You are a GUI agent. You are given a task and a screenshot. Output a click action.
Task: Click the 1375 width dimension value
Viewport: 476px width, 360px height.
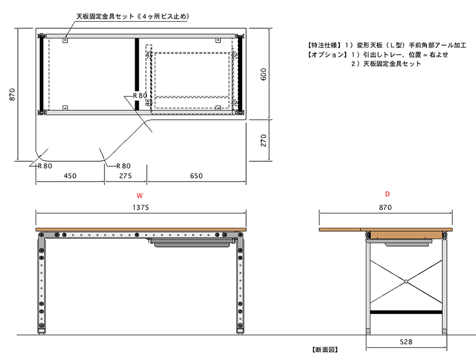tap(140, 207)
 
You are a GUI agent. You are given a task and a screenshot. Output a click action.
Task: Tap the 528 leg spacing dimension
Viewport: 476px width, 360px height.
tap(406, 342)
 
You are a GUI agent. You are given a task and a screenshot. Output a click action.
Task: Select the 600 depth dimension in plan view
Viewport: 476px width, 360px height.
tap(263, 74)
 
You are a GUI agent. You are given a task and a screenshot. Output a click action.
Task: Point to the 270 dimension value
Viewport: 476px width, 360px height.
tap(263, 140)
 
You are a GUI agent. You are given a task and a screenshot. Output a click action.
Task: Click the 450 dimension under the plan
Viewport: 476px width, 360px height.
tap(70, 176)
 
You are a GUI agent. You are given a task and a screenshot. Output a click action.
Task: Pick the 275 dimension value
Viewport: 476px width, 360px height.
tap(126, 176)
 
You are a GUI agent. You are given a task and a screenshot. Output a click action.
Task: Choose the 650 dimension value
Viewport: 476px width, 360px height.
tap(196, 176)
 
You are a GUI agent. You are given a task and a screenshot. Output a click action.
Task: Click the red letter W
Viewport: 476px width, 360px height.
tap(139, 195)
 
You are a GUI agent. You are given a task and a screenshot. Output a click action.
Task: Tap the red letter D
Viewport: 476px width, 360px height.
tap(387, 194)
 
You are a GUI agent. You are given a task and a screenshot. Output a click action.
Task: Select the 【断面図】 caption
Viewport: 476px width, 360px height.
tap(325, 350)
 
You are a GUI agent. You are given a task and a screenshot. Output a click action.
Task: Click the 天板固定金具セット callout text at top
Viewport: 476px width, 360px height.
tap(105, 16)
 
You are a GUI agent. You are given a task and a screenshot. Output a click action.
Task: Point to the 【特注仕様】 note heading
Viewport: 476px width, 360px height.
tap(323, 45)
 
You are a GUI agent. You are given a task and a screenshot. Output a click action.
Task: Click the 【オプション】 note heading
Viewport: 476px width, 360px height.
tap(327, 55)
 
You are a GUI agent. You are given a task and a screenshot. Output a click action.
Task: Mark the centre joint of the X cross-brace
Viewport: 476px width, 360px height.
tap(406, 281)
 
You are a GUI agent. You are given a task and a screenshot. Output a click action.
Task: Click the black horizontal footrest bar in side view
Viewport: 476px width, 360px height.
tap(406, 312)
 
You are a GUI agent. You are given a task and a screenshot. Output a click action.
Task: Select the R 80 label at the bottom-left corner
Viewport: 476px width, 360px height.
tap(45, 166)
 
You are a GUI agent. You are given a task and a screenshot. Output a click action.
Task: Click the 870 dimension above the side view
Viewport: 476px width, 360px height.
tap(385, 207)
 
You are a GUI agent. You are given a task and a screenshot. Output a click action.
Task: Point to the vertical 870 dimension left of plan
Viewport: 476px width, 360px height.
tap(12, 95)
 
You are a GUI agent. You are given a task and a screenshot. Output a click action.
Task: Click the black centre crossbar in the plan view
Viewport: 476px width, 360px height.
tap(137, 74)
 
